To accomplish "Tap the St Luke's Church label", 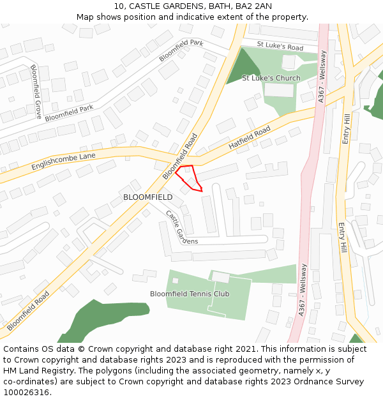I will (271, 79).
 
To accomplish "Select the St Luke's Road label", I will (280, 47).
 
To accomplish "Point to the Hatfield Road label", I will (250, 137).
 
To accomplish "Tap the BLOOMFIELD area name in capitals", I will (147, 197).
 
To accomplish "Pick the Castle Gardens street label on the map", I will (181, 227).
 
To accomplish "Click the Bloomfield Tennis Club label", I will (190, 294).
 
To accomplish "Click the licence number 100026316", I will (26, 393).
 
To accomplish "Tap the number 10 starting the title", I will (119, 6).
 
